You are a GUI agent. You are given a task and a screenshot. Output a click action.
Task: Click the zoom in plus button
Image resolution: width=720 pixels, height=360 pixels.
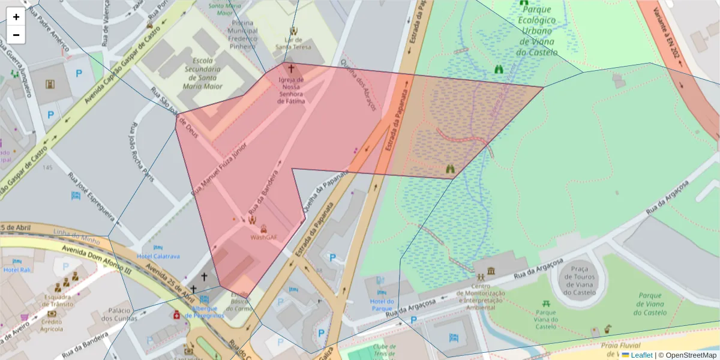(x=16, y=17)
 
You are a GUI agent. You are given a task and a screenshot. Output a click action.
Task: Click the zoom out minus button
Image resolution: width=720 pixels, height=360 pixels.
(x=16, y=35)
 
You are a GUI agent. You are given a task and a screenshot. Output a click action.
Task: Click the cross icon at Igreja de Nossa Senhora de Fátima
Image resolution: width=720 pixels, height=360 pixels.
(x=291, y=69)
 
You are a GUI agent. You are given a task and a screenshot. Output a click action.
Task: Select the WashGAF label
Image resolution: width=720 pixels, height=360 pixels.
(x=264, y=237)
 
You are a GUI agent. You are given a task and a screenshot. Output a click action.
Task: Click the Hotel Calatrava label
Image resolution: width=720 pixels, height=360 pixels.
(x=158, y=256)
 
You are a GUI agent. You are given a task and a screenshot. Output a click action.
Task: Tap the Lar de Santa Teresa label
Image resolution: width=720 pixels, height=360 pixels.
(x=293, y=43)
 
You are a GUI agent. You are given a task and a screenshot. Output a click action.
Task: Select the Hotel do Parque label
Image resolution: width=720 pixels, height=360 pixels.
(x=382, y=305)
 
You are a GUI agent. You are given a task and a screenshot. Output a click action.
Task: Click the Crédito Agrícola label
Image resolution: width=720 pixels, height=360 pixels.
(x=52, y=325)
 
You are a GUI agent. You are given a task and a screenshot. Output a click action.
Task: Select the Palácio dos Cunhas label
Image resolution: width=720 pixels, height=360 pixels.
(x=120, y=314)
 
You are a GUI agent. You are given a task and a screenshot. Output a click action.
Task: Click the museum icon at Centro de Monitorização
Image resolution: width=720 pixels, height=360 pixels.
(x=491, y=271)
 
